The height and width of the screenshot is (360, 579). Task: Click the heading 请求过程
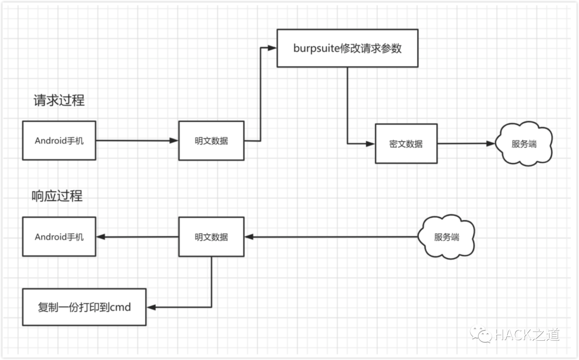[59, 100]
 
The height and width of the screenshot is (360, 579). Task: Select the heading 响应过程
[57, 196]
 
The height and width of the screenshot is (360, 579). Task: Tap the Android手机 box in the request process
[59, 141]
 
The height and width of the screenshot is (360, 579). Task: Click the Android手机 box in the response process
[59, 237]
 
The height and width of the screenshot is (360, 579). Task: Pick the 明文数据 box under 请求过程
[211, 141]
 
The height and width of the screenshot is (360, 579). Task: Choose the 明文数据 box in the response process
[211, 237]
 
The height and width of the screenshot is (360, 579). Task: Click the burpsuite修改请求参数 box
[347, 48]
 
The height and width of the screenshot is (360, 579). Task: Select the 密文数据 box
[406, 144]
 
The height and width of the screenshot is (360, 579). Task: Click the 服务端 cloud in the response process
[447, 237]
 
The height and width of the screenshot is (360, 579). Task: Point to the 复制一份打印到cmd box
[84, 307]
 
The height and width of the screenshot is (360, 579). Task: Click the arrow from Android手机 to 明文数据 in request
[137, 141]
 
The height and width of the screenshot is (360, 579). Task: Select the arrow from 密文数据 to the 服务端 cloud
[465, 144]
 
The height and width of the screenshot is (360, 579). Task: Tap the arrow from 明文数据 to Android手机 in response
[137, 237]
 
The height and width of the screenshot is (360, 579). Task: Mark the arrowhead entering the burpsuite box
[272, 48]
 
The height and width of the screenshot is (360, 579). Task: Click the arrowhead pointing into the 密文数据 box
[370, 144]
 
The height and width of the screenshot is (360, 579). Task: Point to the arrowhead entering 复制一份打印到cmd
[151, 307]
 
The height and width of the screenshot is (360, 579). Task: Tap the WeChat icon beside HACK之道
[481, 334]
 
